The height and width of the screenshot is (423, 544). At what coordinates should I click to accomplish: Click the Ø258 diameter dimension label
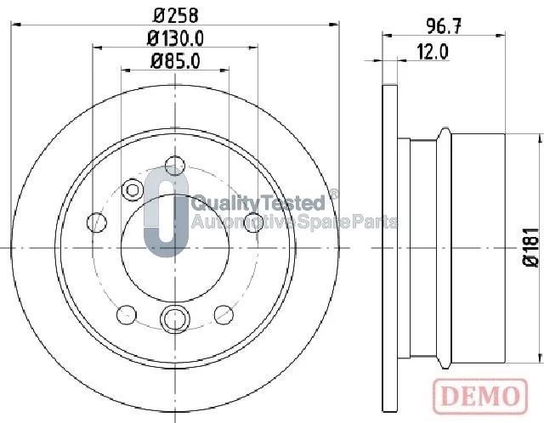176,15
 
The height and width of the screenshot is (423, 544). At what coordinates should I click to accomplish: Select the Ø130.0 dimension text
175,38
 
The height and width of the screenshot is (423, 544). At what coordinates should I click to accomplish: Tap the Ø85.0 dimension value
175,61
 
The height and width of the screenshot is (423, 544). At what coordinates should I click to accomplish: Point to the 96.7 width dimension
444,26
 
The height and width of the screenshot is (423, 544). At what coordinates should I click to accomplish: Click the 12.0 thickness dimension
433,52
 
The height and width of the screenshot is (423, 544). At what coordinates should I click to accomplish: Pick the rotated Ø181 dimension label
530,247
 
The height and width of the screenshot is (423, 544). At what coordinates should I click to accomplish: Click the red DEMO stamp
480,396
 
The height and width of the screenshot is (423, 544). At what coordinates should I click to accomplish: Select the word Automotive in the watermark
243,222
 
